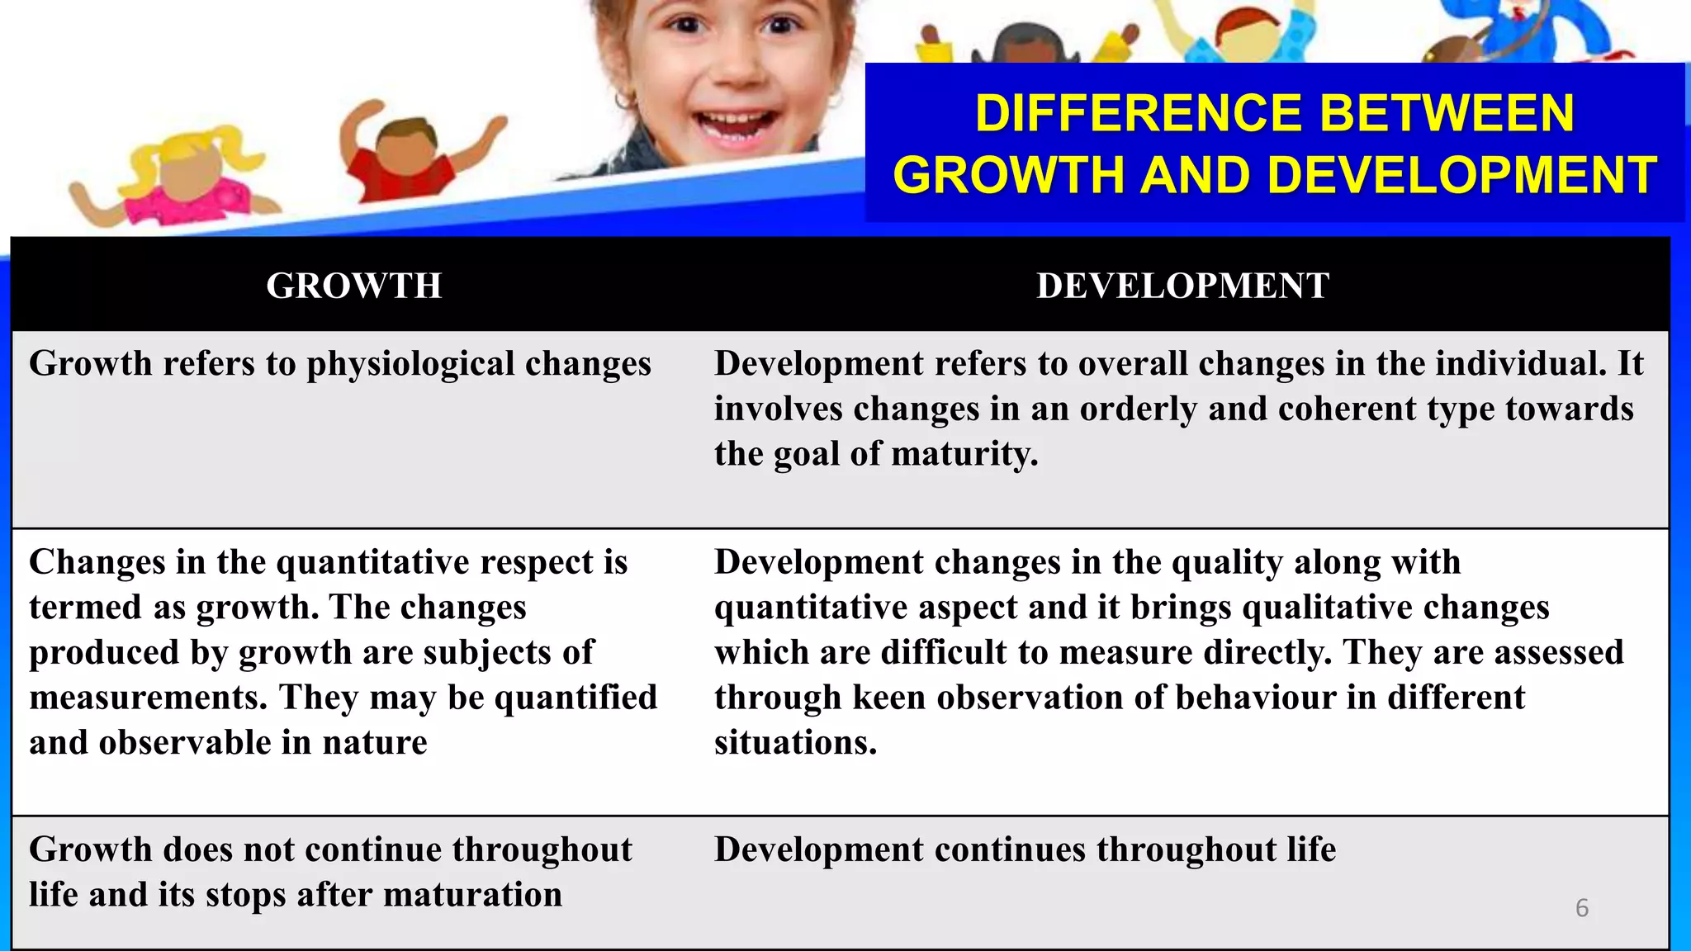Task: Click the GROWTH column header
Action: coord(353,286)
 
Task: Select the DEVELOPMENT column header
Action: coord(1182,286)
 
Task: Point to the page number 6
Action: coord(1581,908)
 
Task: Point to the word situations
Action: coord(794,743)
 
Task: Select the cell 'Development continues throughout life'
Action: coord(1025,850)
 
